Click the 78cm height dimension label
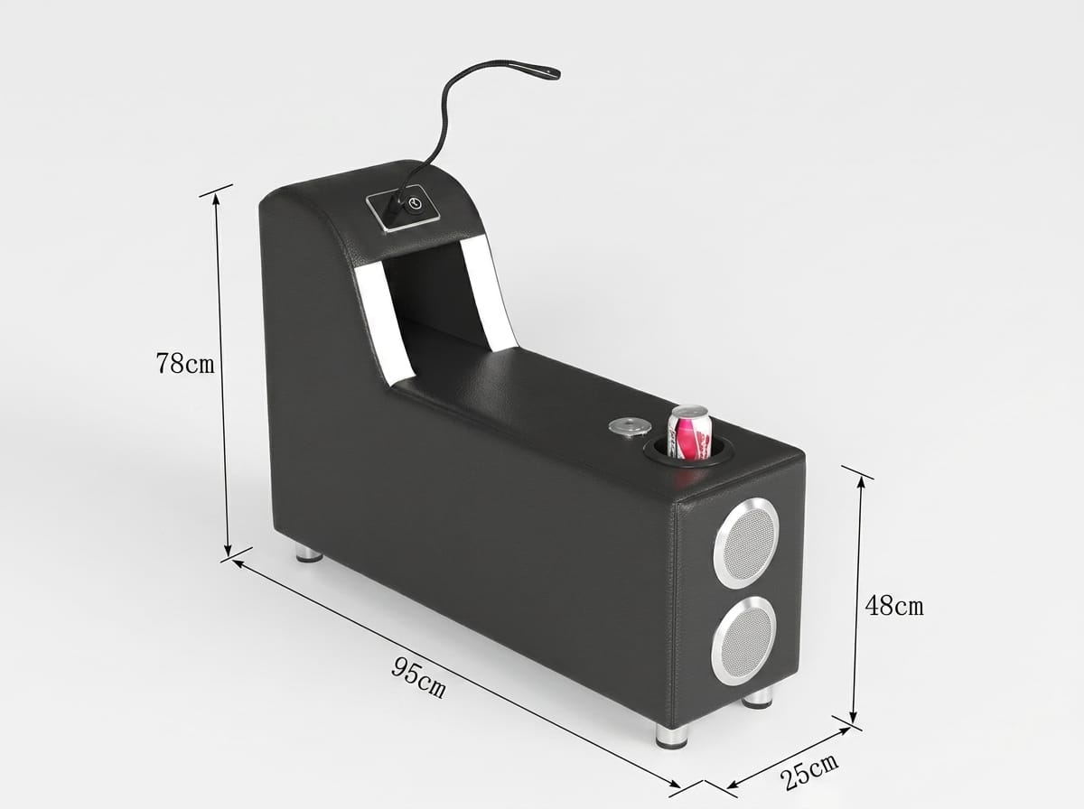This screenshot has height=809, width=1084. tap(185, 363)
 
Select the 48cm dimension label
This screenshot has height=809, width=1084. tap(894, 605)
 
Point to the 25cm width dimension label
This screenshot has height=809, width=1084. tap(808, 769)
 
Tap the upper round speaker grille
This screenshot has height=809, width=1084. tap(746, 543)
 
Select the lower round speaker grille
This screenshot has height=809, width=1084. tap(743, 641)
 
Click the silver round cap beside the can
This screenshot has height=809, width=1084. tap(630, 427)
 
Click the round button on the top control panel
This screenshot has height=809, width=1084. tap(415, 203)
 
